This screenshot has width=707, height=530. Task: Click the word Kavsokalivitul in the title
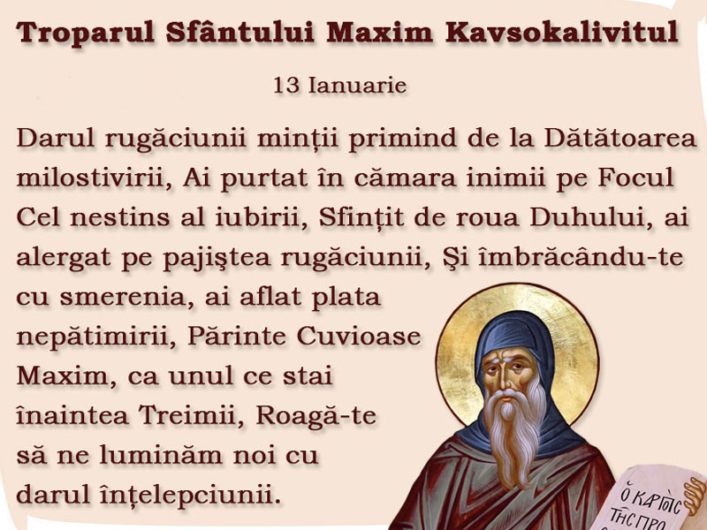coord(562,32)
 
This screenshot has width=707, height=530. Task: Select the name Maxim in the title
coord(380,32)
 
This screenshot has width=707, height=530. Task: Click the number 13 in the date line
coord(286,85)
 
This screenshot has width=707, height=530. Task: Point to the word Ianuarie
coord(358,85)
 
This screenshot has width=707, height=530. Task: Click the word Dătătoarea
coord(620,138)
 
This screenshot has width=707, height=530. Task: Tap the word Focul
coord(635,178)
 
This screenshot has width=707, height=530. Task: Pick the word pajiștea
coord(217,258)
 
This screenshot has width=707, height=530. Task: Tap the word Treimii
coord(192,415)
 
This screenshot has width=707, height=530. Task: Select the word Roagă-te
coord(316,416)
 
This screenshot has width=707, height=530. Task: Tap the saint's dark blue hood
coord(514,338)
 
